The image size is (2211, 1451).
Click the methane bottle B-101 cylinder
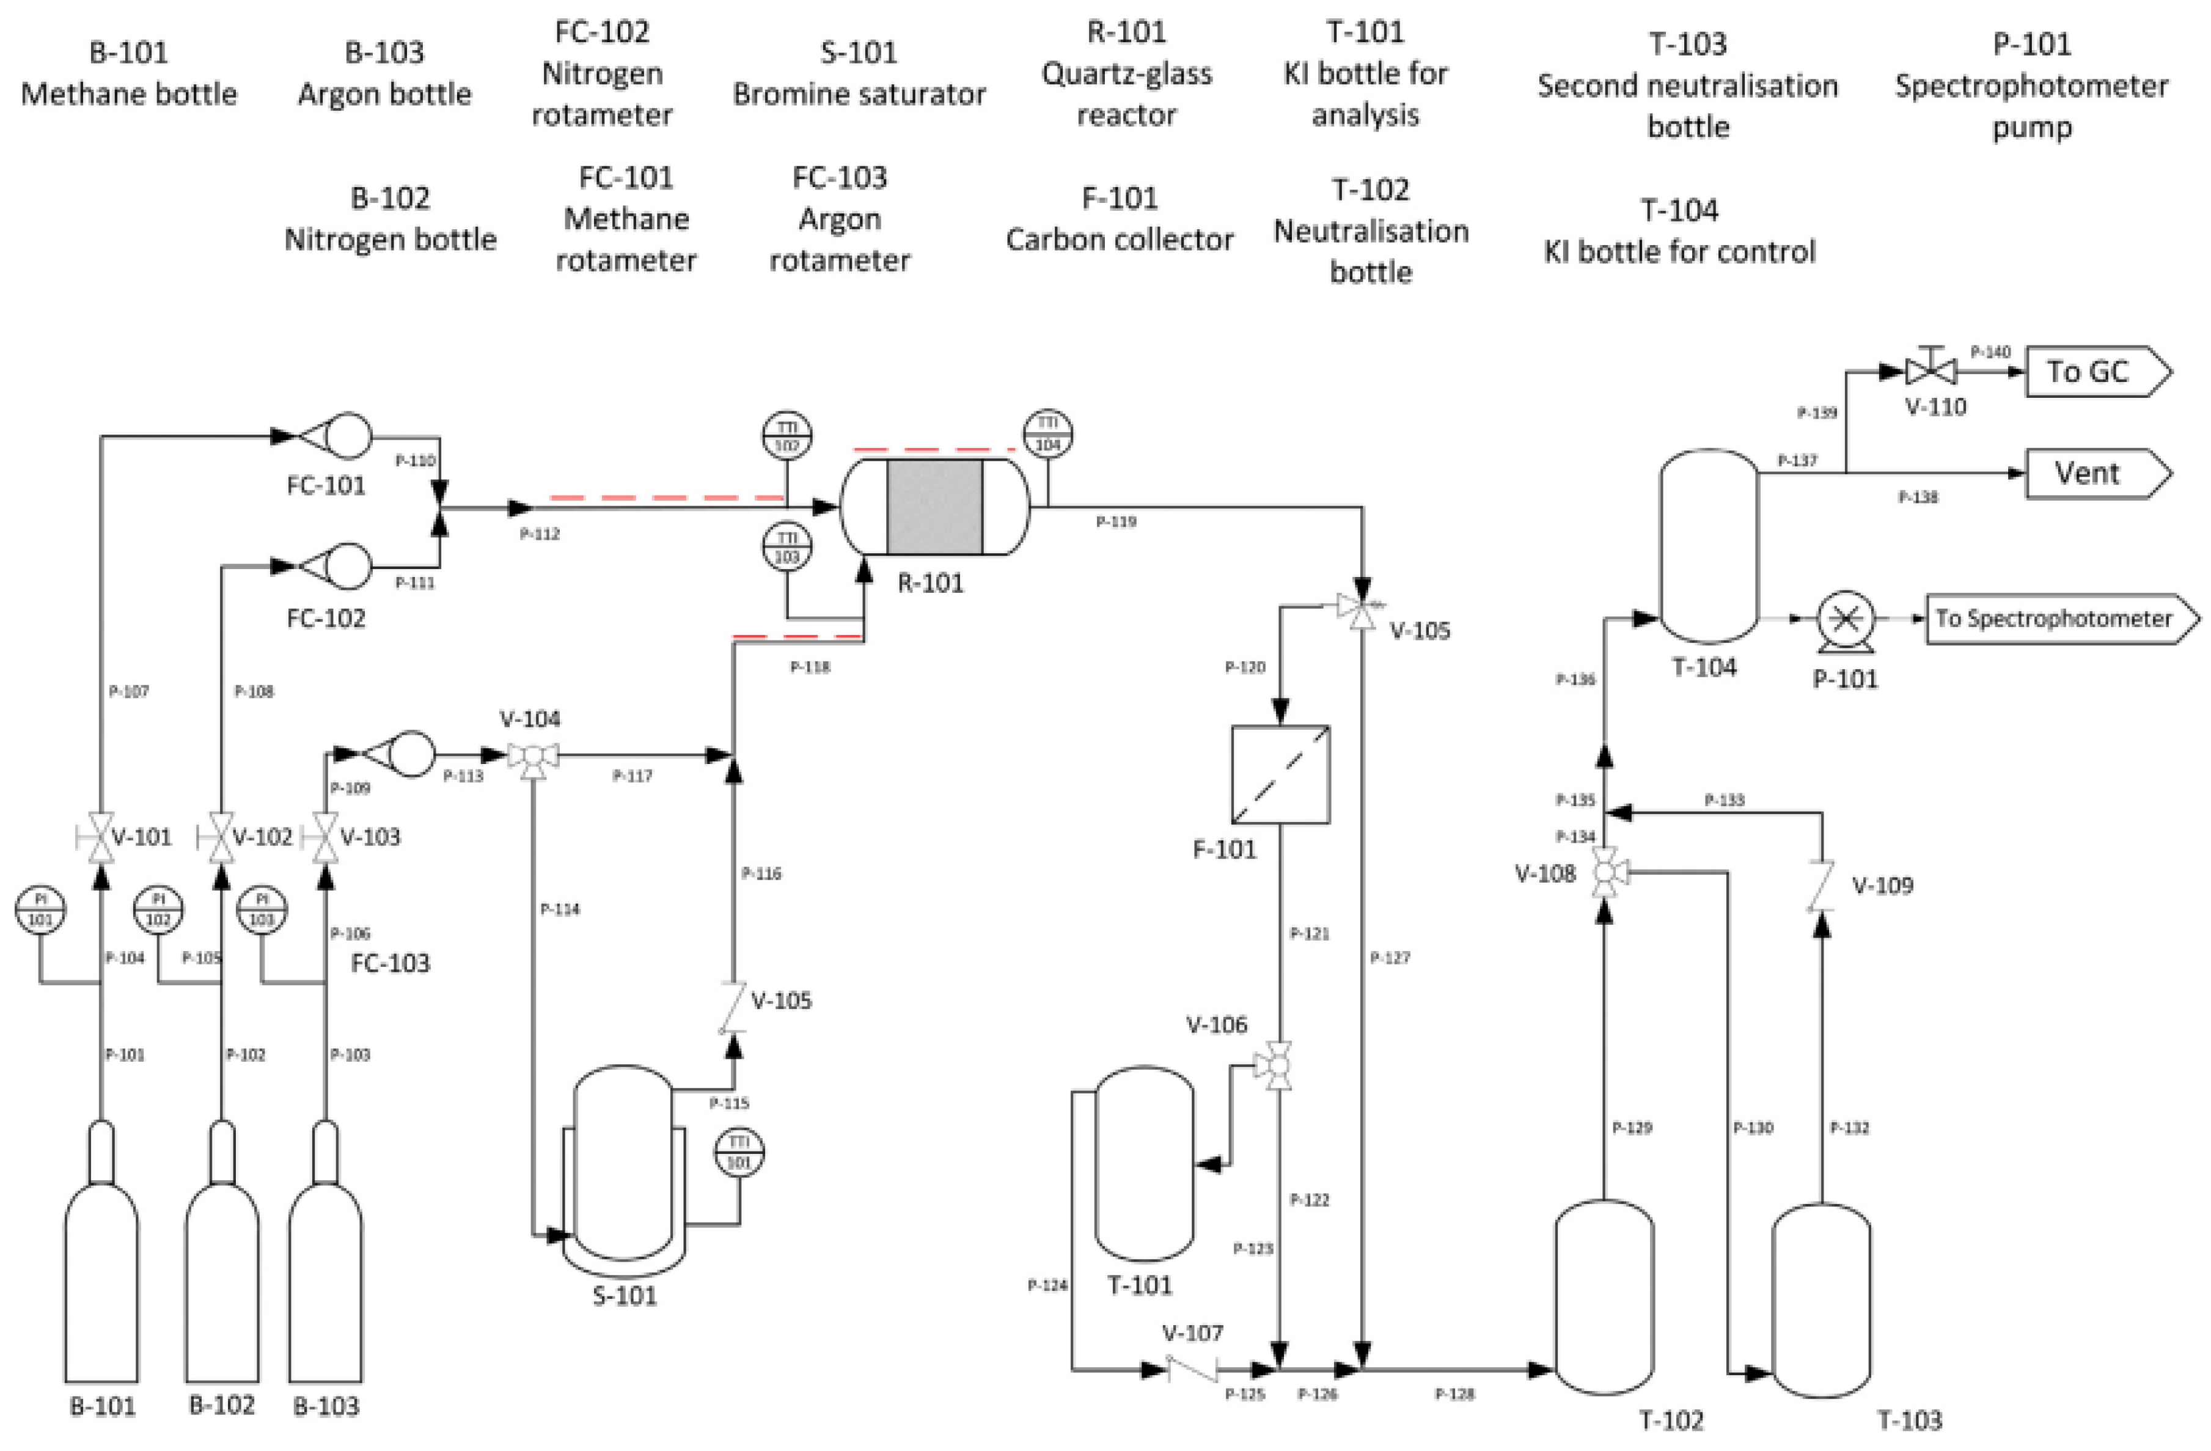pos(101,1282)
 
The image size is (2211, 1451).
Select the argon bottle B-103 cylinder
pos(325,1282)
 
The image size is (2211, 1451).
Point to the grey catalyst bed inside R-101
pos(934,507)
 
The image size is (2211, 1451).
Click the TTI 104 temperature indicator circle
pos(1048,434)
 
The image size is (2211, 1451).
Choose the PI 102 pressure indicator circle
pos(159,910)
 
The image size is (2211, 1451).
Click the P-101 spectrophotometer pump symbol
pos(1845,618)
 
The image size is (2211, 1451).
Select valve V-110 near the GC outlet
pos(1931,372)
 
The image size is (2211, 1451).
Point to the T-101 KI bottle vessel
pos(1143,1163)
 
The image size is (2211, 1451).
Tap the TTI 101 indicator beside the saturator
pos(739,1153)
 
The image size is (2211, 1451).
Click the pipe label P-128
pos(1454,1394)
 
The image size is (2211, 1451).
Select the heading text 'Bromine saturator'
pos(859,94)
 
